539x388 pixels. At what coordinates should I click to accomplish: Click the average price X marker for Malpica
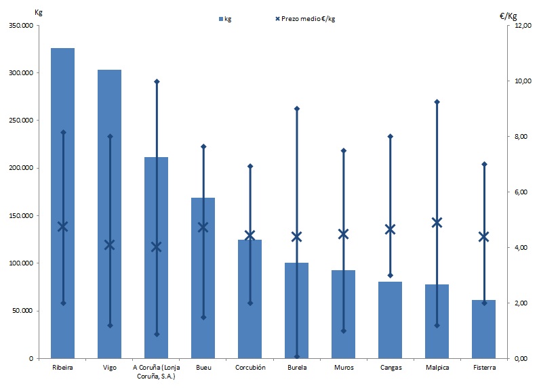(437, 222)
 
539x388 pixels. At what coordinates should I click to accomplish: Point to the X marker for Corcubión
(249, 236)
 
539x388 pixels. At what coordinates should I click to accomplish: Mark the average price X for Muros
(343, 234)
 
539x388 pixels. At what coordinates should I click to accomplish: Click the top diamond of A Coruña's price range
(156, 81)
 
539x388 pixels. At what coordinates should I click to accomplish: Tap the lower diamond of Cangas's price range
(390, 276)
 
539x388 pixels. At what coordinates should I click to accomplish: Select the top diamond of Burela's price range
(296, 108)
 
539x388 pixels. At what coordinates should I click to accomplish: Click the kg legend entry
(225, 19)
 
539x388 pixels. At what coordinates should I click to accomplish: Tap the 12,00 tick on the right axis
(521, 26)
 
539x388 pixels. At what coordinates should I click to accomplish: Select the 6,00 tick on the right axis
(521, 192)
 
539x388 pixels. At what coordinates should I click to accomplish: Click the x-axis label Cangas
(390, 368)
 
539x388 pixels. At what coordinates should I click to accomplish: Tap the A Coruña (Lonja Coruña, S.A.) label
(156, 372)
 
